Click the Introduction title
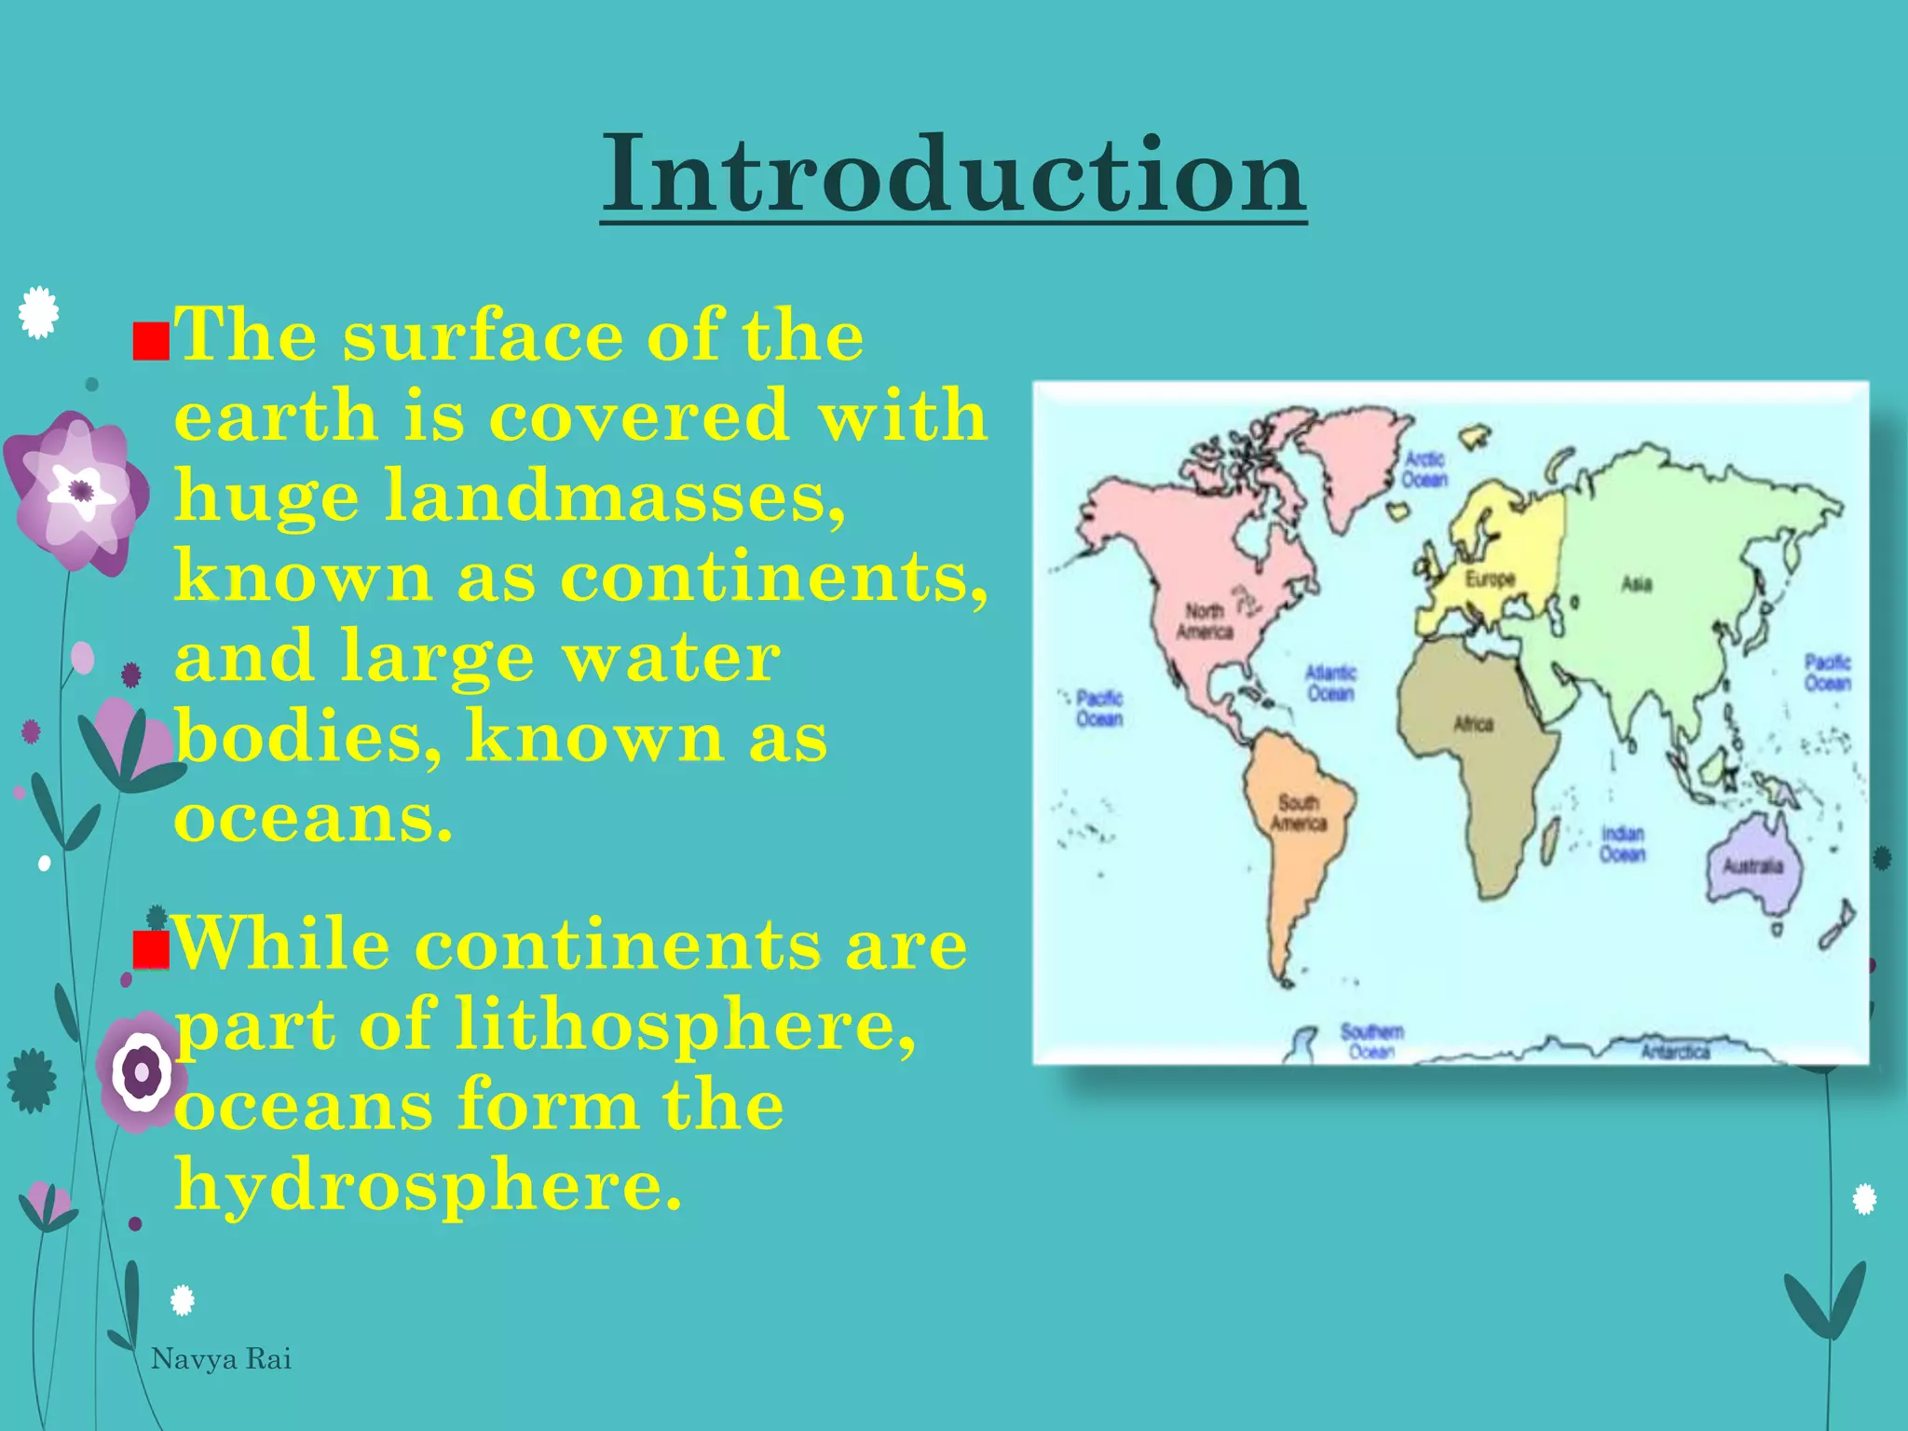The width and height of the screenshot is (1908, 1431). (953, 174)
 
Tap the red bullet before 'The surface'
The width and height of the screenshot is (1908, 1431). (150, 342)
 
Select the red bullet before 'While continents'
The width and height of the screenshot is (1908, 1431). (150, 950)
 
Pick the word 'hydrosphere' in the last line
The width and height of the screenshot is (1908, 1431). (428, 1186)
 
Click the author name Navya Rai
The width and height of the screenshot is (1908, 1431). (221, 1359)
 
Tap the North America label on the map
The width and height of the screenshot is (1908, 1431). (1204, 621)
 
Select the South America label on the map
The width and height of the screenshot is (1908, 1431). (1298, 812)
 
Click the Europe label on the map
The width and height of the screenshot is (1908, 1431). (1490, 579)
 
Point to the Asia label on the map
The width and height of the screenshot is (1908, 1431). (1636, 584)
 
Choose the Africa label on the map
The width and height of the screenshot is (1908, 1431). (1473, 724)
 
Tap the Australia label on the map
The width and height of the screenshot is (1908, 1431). (1751, 865)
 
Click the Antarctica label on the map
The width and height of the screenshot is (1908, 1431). (1675, 1052)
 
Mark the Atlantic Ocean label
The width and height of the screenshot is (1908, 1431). (1330, 683)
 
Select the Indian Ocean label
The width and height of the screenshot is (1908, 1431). (1622, 843)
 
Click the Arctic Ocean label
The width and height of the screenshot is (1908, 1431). (1424, 469)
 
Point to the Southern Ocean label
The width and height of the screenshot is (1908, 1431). (1371, 1041)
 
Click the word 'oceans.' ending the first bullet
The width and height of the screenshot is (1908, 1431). (314, 819)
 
